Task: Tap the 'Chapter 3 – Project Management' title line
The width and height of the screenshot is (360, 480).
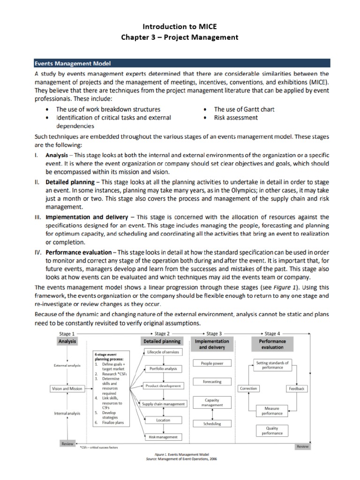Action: (x=180, y=37)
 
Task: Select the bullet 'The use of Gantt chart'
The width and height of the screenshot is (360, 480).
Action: (x=244, y=109)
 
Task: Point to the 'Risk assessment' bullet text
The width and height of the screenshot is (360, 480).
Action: (x=236, y=118)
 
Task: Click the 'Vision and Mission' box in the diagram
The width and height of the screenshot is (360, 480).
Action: (x=67, y=389)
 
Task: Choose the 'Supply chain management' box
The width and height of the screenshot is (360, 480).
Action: (x=163, y=404)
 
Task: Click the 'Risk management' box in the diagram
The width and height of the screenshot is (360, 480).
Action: (x=163, y=437)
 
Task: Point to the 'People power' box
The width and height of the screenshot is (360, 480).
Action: (x=212, y=363)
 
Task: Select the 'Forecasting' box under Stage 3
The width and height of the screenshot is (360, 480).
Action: (x=212, y=382)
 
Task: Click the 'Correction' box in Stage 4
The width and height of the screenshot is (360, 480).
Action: (x=248, y=389)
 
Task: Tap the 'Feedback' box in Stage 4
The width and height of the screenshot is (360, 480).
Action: (x=297, y=389)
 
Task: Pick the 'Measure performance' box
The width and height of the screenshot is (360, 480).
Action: (x=272, y=412)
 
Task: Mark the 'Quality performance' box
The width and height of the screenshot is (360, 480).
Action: (x=272, y=430)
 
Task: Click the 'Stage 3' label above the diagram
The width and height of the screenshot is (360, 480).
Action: (x=214, y=334)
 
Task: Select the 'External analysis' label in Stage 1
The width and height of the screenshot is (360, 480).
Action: (x=67, y=365)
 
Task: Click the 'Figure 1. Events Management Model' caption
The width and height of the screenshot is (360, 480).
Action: (x=180, y=455)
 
